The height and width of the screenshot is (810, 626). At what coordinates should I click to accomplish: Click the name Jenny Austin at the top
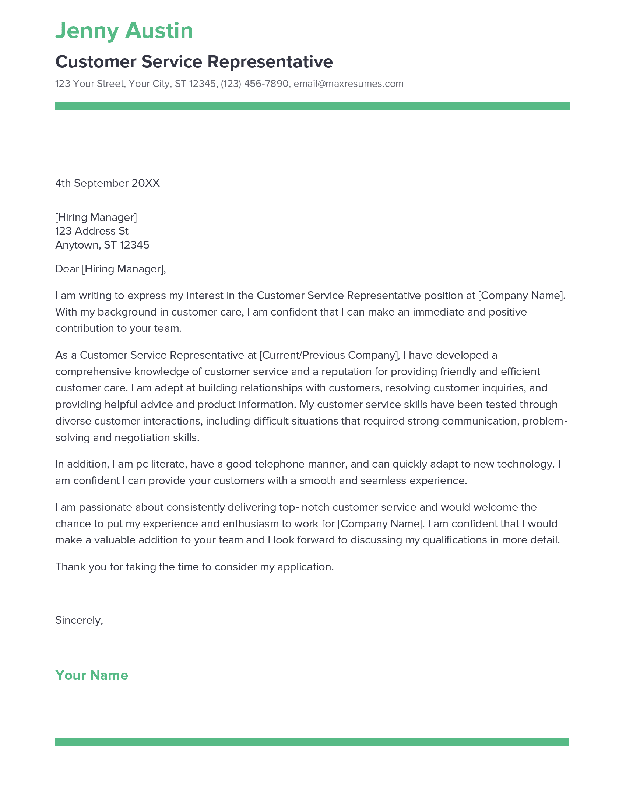[124, 31]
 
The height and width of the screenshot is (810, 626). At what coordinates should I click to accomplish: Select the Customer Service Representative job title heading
[194, 62]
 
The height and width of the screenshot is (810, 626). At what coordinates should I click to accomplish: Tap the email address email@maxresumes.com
[348, 84]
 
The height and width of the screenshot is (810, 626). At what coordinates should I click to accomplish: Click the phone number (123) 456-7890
[254, 84]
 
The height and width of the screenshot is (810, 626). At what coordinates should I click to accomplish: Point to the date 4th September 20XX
[107, 183]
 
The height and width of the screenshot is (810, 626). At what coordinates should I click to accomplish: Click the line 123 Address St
[92, 231]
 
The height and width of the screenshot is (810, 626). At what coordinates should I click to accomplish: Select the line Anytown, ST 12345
[102, 245]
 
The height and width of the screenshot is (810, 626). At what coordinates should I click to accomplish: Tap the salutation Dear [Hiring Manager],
[110, 269]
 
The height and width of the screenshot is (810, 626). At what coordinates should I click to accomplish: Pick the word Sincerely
[78, 620]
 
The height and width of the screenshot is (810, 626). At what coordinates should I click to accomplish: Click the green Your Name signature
[92, 675]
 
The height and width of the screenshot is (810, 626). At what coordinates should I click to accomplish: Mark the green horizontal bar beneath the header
[312, 106]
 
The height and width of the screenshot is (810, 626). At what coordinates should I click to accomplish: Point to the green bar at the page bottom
[312, 742]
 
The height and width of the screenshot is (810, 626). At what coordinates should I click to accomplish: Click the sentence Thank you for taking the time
[194, 567]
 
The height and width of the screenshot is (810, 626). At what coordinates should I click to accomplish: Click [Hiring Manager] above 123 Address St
[96, 217]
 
